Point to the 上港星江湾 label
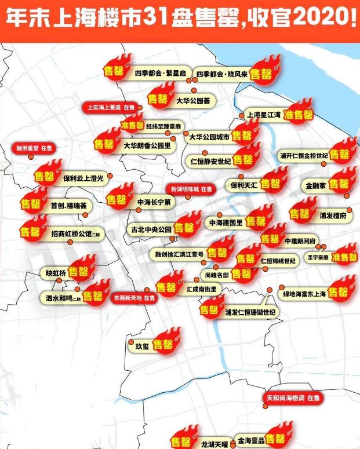pyautogui.click(x=264, y=115)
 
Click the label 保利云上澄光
pyautogui.click(x=83, y=179)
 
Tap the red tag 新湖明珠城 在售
pyautogui.click(x=191, y=189)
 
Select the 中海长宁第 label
pyautogui.click(x=154, y=202)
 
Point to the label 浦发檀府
pyautogui.click(x=333, y=215)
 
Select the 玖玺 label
pyautogui.click(x=142, y=346)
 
